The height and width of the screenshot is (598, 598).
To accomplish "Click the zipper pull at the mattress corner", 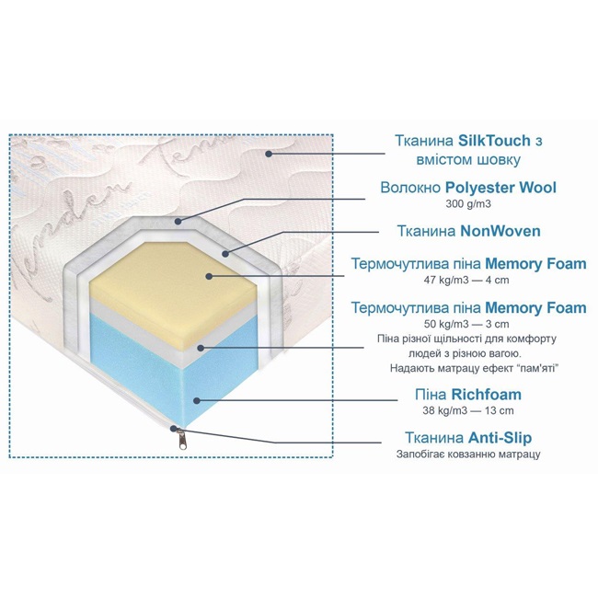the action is tap(183, 440).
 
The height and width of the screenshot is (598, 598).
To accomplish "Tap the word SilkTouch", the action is tap(494, 141).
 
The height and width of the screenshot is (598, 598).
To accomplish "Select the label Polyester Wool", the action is tap(500, 188).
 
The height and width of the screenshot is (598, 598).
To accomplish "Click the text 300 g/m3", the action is tap(468, 204).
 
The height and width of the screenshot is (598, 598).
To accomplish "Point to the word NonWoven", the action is tap(500, 231).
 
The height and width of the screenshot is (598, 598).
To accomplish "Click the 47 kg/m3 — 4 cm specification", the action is tap(466, 280).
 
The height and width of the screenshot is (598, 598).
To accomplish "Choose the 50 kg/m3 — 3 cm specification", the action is tap(466, 324).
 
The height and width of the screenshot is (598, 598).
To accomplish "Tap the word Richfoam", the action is tap(487, 395).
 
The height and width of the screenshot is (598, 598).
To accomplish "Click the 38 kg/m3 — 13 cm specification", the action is tap(468, 410).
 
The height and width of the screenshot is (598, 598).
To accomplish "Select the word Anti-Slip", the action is tap(500, 438).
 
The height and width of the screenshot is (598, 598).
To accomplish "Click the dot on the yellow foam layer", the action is tap(209, 276).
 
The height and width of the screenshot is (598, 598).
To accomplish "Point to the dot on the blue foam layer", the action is tap(196, 400).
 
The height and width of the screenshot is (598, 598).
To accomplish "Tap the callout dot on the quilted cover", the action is tap(269, 154).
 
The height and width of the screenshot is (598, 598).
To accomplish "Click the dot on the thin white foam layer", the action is tap(201, 348).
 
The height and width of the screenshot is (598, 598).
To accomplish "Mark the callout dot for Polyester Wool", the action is tap(178, 221).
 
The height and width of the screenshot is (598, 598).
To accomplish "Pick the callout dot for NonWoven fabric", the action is tap(225, 253).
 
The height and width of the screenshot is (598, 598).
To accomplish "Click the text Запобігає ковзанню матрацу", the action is tap(468, 454).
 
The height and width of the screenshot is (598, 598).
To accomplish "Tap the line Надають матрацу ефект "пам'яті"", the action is tap(475, 368).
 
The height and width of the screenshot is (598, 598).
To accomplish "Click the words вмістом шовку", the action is tap(468, 160).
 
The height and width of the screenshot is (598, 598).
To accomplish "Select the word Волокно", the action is tap(410, 188).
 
